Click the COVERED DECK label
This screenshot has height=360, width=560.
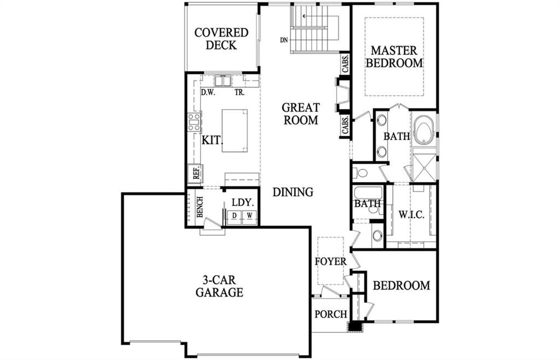coord(221,39)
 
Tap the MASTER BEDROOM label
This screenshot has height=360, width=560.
coord(394,56)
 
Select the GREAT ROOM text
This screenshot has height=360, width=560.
coord(301,114)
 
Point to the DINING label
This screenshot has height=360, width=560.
coord(293,192)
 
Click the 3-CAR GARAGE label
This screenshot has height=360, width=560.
coord(219,286)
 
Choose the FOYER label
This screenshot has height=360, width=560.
coord(331,262)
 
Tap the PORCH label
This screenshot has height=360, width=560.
coord(331,314)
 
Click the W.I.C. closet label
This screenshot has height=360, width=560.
coord(411,215)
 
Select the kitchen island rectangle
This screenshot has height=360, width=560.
coord(235,131)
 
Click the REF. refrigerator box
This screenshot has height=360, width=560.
coord(195,173)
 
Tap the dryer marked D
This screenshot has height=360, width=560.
coord(234,216)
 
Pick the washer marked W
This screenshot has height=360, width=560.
coord(249,216)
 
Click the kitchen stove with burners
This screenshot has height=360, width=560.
coord(195,122)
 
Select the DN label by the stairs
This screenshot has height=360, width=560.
coord(284,40)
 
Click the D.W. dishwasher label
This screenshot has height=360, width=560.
coord(207,92)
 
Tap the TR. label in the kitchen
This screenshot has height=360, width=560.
coord(240,92)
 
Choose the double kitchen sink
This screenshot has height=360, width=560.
coord(223,81)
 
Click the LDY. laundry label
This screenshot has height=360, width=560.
coord(243,202)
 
